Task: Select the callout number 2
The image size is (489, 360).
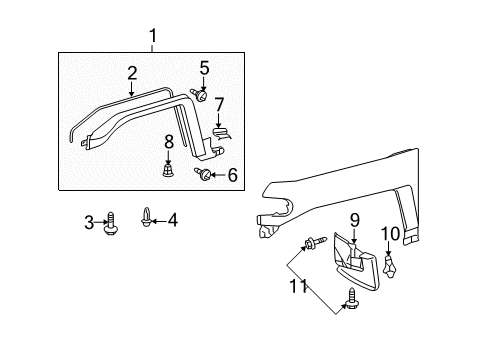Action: pos(132,73)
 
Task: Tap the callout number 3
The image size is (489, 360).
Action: pos(88,220)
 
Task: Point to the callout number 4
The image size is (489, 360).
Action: pos(171,219)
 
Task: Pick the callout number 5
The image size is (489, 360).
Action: pos(204,69)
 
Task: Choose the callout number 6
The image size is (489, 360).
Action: pos(232,175)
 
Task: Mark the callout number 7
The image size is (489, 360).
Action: pos(218,104)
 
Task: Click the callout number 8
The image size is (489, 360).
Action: pos(168,141)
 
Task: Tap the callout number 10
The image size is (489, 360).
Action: pos(390,235)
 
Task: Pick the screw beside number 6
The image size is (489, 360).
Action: pos(207,175)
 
